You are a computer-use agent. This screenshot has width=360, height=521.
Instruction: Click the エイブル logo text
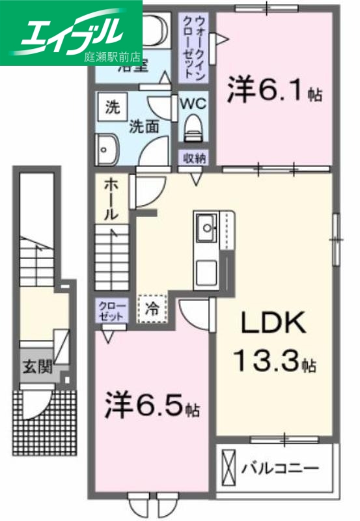point(72,29)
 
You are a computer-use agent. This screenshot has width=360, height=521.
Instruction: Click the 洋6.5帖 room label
point(152,407)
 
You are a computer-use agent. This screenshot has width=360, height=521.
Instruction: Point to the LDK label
point(273,324)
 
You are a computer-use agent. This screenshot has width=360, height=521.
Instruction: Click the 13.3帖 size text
point(273,360)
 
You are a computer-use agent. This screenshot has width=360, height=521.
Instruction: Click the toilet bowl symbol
point(193,128)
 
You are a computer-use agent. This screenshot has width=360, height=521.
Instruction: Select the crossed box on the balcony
point(229,468)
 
